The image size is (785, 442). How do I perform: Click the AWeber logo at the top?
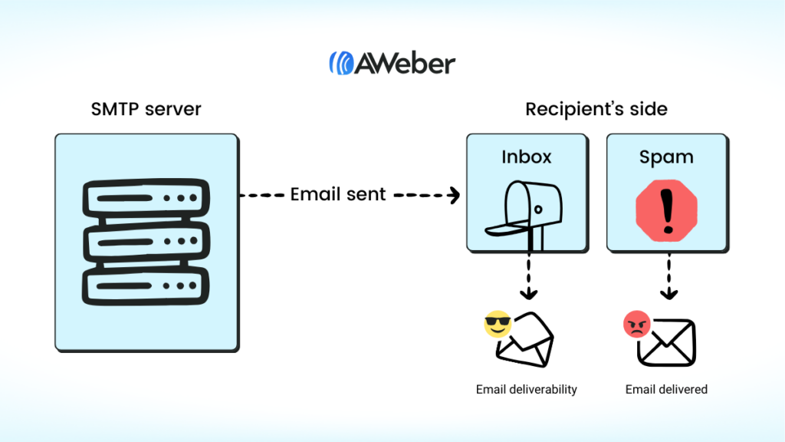tap(392, 62)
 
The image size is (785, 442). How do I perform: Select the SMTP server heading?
tap(146, 109)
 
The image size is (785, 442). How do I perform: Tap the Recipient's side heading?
tap(596, 109)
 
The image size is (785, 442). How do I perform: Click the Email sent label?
tap(338, 195)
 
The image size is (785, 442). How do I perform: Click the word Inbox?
tap(527, 157)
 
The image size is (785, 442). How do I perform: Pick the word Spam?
tap(666, 157)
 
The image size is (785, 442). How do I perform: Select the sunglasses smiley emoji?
tap(498, 325)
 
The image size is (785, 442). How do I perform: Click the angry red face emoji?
tap(636, 325)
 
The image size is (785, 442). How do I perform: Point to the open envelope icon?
tap(525, 340)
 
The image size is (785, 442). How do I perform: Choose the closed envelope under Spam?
tap(667, 342)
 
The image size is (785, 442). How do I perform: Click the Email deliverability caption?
tap(526, 390)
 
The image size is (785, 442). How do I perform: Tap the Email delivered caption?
tap(666, 390)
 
